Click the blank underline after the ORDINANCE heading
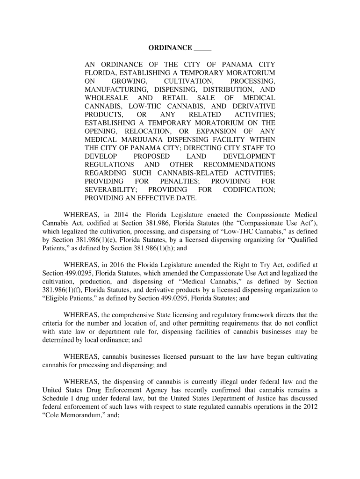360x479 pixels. click(x=202, y=49)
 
